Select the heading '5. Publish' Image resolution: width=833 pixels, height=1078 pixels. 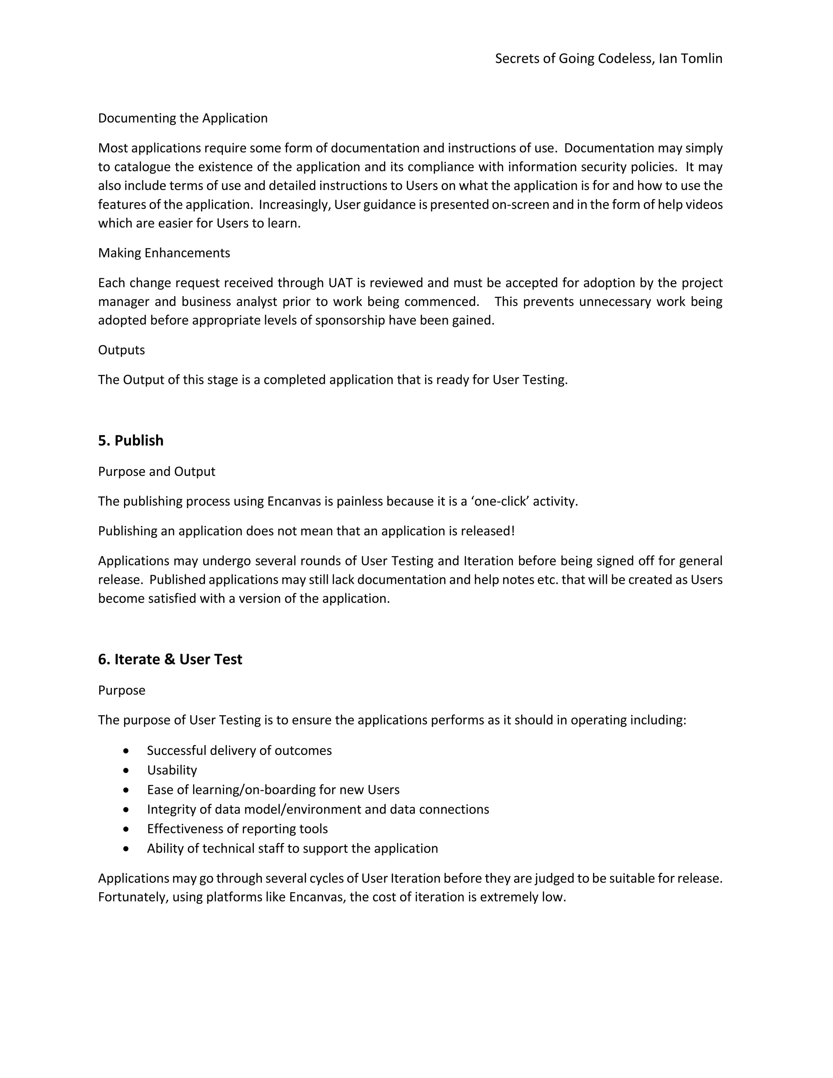[x=131, y=440]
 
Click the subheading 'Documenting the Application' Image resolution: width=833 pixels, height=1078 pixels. [x=183, y=118]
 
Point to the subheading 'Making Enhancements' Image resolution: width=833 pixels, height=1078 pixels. [x=164, y=253]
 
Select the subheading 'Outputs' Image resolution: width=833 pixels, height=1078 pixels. [x=121, y=350]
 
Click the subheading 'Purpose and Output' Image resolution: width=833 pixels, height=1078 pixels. [x=157, y=471]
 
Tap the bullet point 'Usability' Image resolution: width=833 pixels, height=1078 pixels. [x=172, y=770]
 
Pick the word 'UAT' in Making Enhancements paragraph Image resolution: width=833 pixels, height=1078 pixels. [x=340, y=283]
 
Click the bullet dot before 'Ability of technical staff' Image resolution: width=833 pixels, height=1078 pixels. [x=126, y=849]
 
